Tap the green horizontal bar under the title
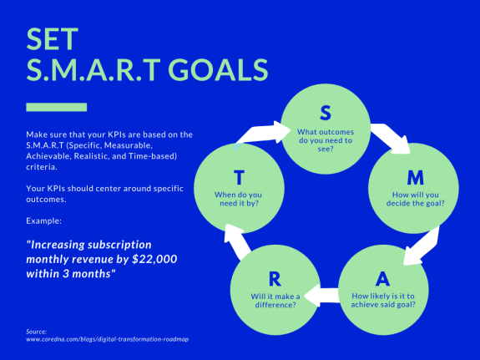click(x=57, y=106)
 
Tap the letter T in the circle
click(x=239, y=177)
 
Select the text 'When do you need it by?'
click(x=239, y=200)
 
